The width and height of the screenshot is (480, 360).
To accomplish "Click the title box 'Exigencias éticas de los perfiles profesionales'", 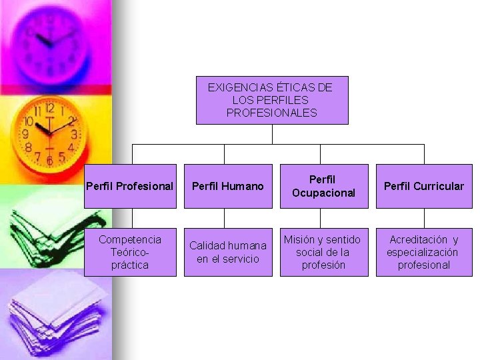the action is point(272,100).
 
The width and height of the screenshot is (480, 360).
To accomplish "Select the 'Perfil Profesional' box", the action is point(131,186).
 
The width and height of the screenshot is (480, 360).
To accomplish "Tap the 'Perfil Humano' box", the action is point(227,186).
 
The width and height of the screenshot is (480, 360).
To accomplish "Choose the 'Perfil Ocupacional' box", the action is point(323,186).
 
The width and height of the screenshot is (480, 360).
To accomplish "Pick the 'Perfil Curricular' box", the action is point(424,186).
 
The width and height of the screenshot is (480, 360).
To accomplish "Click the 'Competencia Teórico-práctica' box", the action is point(130,252).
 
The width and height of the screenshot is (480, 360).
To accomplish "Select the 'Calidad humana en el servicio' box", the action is point(227,252).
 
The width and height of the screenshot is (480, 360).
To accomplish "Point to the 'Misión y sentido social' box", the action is point(323,252).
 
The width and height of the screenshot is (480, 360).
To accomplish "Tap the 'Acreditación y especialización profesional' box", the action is point(424,252).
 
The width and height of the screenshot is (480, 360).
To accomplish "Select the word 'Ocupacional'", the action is point(323,193).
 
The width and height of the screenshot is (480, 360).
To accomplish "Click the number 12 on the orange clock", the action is point(50,108).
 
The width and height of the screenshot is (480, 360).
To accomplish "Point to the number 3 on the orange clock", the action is point(74,134).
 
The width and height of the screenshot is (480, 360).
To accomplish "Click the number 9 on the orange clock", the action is point(25,134).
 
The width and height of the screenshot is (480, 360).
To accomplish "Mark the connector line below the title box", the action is point(272,134).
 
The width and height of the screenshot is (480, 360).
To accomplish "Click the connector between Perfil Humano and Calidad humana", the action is point(225,218).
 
